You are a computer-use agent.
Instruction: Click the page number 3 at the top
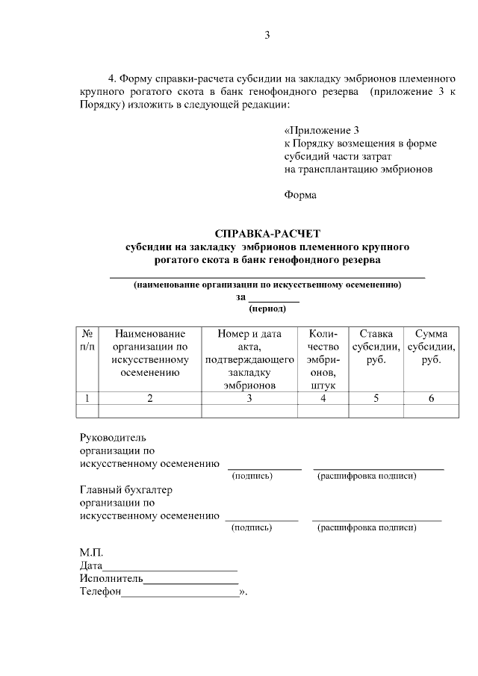tap(267, 35)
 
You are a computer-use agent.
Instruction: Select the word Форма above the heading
tap(300, 196)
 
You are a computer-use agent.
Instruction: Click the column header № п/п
tap(87, 341)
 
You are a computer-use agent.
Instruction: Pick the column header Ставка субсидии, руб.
tap(376, 347)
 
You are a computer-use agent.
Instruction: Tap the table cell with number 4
tap(323, 398)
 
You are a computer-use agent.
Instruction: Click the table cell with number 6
tap(431, 398)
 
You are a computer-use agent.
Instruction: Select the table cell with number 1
tap(87, 398)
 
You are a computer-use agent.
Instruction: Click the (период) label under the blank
tap(267, 307)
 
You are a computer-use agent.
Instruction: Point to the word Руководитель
tap(114, 437)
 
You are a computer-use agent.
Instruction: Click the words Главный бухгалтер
tap(125, 490)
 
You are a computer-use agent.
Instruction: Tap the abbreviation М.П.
tap(91, 553)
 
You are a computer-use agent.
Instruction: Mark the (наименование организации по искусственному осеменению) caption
tap(267, 285)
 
